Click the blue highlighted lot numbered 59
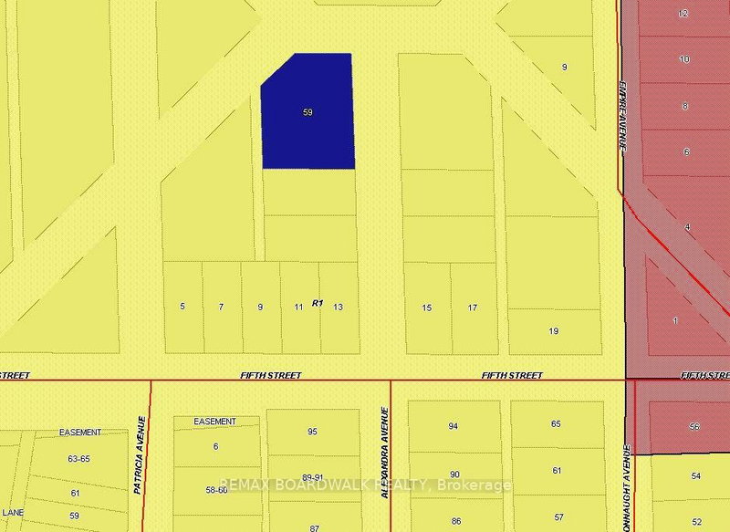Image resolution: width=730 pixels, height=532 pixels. [x=308, y=112]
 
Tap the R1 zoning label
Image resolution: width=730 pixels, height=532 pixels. [x=318, y=302]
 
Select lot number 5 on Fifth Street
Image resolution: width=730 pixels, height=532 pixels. [x=182, y=307]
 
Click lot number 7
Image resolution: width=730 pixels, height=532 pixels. [x=221, y=307]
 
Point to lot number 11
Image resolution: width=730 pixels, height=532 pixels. [x=298, y=308]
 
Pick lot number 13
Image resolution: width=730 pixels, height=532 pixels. [x=338, y=308]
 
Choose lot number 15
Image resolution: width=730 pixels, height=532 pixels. [x=427, y=308]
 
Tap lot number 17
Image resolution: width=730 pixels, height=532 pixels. [x=473, y=308]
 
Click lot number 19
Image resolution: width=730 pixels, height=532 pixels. [x=554, y=330]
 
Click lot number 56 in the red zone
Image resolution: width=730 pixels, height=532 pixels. [x=694, y=426]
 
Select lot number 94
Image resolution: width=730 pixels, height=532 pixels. [x=454, y=426]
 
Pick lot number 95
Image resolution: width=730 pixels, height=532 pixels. [x=312, y=432]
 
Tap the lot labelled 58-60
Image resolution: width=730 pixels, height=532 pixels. [x=215, y=490]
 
